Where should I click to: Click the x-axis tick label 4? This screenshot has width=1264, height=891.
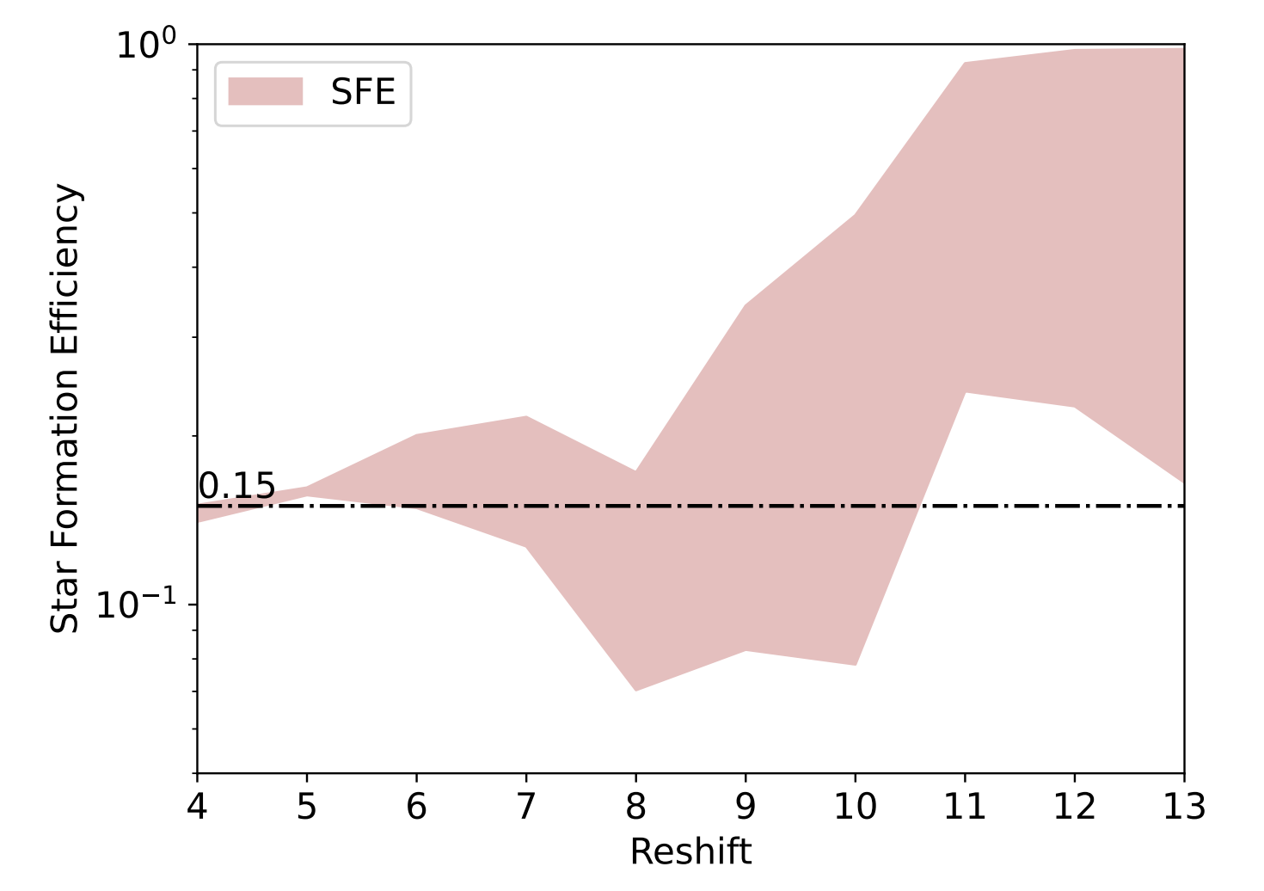(197, 807)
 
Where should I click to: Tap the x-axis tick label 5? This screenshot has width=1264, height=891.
(307, 807)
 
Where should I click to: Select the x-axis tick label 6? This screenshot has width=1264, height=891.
(416, 807)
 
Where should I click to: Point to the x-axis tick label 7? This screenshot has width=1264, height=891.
(526, 807)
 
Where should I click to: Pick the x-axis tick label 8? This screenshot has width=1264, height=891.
(635, 807)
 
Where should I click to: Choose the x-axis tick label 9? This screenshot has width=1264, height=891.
(746, 807)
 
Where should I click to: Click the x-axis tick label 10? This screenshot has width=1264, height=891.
(856, 807)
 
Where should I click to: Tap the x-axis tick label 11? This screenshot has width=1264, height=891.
(965, 807)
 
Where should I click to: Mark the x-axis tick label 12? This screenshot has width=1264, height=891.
(1075, 807)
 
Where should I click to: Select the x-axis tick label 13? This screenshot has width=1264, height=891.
(1184, 807)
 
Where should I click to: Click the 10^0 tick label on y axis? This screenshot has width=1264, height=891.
(146, 45)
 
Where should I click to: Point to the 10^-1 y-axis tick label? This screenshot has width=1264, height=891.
(136, 604)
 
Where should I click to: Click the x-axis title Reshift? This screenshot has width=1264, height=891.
(690, 852)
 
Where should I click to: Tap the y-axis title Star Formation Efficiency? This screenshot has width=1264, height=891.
(65, 409)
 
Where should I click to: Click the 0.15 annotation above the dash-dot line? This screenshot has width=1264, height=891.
(236, 487)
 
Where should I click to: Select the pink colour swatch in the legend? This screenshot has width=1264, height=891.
(265, 92)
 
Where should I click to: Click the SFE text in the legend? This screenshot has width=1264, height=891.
(363, 92)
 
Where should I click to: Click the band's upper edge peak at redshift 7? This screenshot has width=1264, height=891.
(526, 416)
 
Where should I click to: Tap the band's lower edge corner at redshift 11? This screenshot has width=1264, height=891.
(965, 393)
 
